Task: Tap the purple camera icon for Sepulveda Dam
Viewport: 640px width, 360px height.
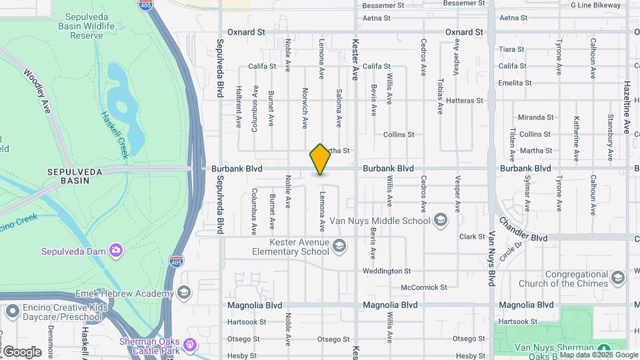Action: [x=117, y=251]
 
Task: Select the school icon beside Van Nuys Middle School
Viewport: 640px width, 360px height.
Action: [x=440, y=220]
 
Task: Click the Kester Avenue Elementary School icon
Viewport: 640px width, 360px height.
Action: [x=339, y=247]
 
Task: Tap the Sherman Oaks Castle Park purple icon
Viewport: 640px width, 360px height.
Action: [x=191, y=345]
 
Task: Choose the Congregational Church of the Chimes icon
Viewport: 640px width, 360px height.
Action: [x=617, y=278]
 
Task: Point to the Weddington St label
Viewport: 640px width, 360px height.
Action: [x=387, y=271]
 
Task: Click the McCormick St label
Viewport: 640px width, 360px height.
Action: [x=423, y=287]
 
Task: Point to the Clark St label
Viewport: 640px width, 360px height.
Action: [x=471, y=237]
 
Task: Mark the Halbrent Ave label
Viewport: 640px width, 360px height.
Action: [x=238, y=106]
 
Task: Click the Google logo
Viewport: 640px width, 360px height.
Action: [x=22, y=351]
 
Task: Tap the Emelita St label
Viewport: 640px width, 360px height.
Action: [x=515, y=83]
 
